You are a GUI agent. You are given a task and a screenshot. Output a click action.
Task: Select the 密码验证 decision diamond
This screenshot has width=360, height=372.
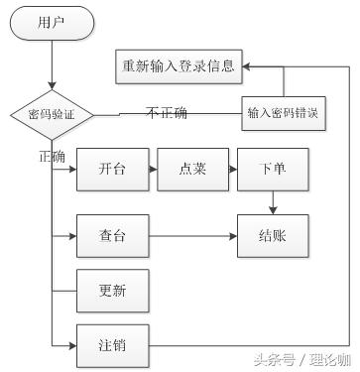tap(52, 116)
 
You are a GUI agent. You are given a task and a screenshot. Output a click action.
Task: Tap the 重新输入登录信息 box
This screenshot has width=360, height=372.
tap(179, 66)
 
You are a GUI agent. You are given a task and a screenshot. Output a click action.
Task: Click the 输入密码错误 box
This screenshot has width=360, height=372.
tap(284, 113)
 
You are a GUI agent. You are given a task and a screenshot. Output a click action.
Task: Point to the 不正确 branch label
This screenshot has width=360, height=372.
tap(166, 112)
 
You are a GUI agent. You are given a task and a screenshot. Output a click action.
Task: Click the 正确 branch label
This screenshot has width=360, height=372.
tap(52, 156)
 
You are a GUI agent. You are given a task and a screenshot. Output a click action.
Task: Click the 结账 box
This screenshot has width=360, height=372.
tap(272, 237)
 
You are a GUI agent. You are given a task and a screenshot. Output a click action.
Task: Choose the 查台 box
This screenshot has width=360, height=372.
tap(112, 237)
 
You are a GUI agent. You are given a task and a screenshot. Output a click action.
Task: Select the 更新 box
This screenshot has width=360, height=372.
tap(112, 292)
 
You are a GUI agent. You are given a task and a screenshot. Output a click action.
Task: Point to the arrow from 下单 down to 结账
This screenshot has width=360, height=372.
tap(272, 203)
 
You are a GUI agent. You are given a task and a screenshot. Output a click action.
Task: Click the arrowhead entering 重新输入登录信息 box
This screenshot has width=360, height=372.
tap(247, 66)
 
